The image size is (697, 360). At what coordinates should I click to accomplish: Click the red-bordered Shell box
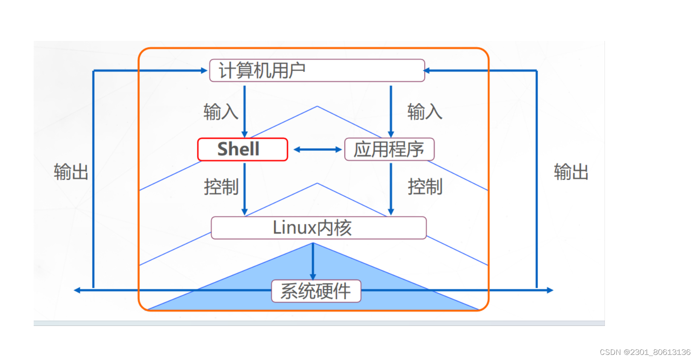[x=243, y=150]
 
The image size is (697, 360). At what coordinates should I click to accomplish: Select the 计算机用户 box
[x=317, y=71]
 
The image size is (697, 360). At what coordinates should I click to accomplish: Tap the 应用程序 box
[x=389, y=150]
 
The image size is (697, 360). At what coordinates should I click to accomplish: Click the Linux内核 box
[x=318, y=228]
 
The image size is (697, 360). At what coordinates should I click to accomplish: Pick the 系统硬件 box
[x=316, y=291]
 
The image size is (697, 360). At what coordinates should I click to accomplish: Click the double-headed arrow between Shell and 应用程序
[x=318, y=150]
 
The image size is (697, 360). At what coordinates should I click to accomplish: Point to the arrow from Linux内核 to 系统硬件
[x=313, y=261]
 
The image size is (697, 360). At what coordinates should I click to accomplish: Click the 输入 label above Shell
[x=220, y=112]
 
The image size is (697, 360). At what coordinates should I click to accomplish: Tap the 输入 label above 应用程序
[x=425, y=112]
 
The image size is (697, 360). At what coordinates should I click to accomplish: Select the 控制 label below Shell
[x=221, y=187]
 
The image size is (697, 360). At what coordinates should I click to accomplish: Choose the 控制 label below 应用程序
[x=425, y=187]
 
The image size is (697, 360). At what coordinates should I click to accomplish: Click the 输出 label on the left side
[x=71, y=172]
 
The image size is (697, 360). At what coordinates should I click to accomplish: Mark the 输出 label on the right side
[x=571, y=172]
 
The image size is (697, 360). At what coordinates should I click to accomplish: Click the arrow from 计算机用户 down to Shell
[x=245, y=111]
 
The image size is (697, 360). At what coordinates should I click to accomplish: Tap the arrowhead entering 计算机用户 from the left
[x=204, y=71]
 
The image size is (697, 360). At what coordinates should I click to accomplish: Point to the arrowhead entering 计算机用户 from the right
[x=427, y=71]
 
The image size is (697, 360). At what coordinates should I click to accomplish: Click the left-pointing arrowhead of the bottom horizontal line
[x=77, y=291]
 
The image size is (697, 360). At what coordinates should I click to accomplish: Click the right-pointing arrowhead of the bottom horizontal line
[x=550, y=291]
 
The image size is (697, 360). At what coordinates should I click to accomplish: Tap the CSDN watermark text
[x=645, y=352]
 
